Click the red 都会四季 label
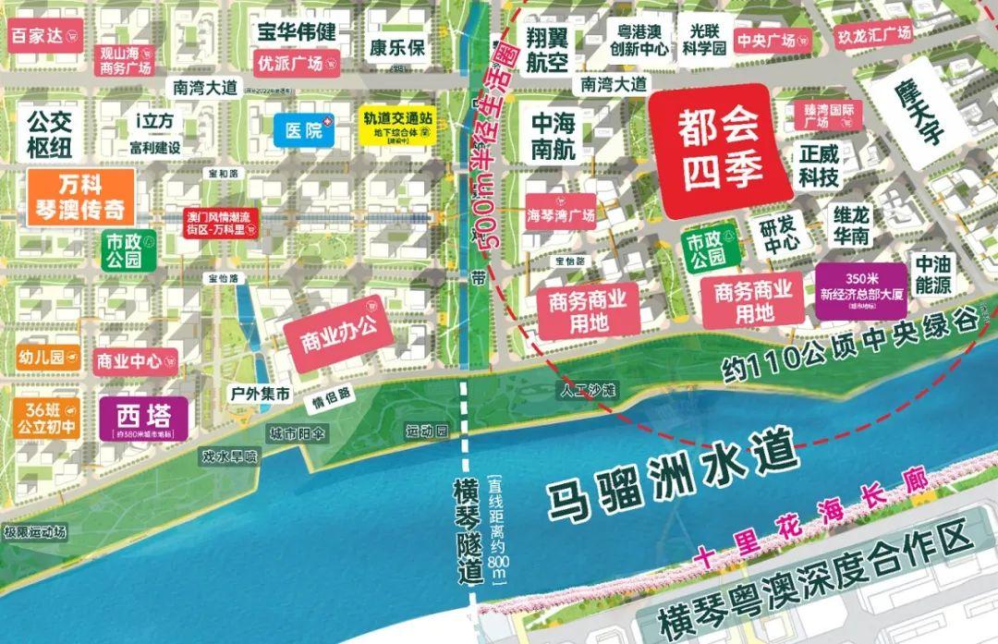click(x=722, y=145)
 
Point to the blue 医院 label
click(x=303, y=131)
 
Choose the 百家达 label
click(x=43, y=36)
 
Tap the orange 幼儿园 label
click(x=45, y=358)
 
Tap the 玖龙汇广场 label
click(x=872, y=35)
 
